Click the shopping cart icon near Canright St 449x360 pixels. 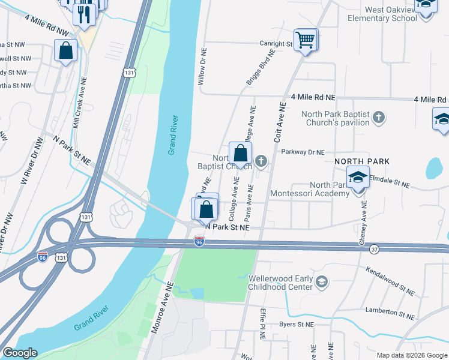coord(306,40)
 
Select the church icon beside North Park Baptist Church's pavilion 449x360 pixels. coord(378,117)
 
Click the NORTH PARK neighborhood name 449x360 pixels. coord(362,161)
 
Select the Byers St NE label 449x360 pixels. coord(297,324)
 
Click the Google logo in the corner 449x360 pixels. coord(20,353)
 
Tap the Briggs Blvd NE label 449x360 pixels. coord(261,67)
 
